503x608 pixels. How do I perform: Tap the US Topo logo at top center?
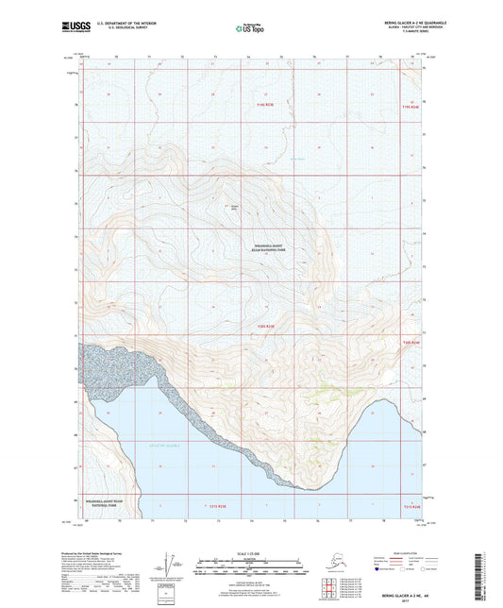250,29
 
